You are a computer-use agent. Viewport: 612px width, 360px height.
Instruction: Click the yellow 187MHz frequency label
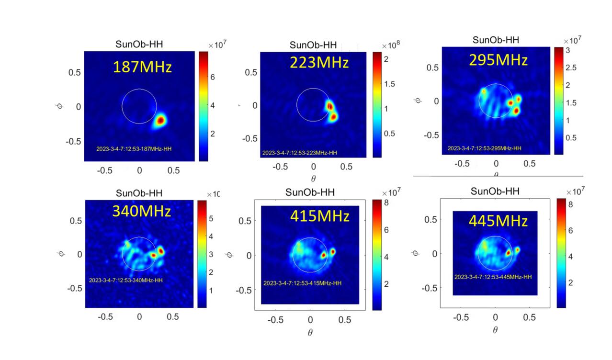pos(142,67)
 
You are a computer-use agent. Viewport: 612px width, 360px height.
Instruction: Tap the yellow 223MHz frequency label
pos(319,63)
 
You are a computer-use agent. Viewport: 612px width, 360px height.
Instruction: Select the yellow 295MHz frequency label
pos(498,60)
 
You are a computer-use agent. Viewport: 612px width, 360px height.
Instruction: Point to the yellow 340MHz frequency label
pos(141,211)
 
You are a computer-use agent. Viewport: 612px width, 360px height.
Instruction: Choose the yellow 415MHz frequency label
pos(319,216)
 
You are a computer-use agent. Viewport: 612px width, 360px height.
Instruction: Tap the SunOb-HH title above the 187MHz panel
pos(139,45)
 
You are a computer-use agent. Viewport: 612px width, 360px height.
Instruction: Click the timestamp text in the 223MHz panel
pos(299,153)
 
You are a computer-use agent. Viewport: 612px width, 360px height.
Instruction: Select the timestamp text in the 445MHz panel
pos(493,277)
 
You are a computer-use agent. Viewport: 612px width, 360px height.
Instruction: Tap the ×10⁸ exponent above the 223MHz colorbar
pos(391,45)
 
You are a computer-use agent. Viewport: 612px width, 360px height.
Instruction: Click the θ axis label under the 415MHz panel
pos(310,333)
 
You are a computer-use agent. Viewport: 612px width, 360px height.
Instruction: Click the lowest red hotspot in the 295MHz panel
pos(516,111)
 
